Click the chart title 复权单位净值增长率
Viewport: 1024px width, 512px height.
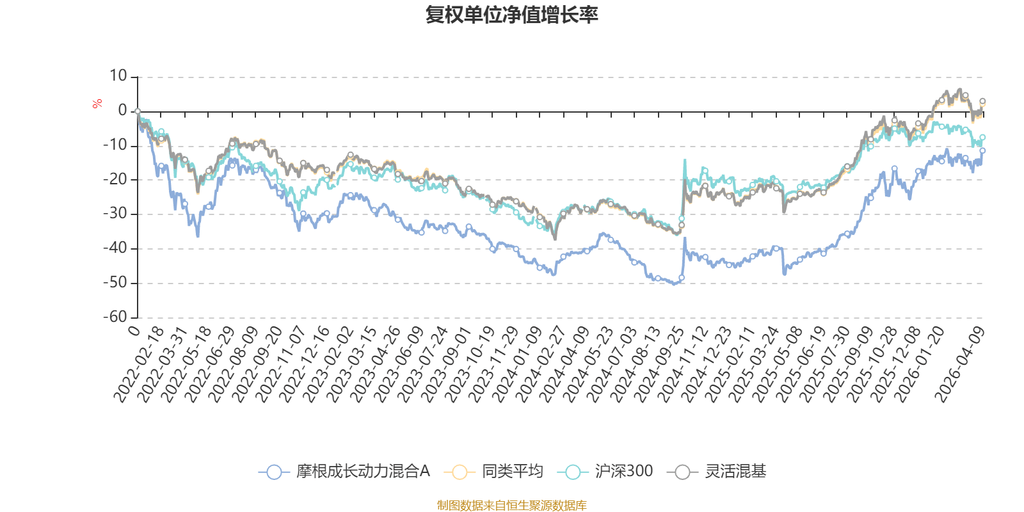point(511,15)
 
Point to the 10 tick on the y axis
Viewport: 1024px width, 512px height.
point(118,76)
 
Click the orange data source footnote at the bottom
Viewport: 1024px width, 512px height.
point(511,506)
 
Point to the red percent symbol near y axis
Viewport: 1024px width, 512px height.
point(97,104)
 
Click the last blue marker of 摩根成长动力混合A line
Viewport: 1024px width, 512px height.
point(982,150)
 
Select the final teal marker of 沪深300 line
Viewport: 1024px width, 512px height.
point(982,137)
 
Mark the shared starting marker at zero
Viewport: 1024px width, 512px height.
point(138,111)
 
